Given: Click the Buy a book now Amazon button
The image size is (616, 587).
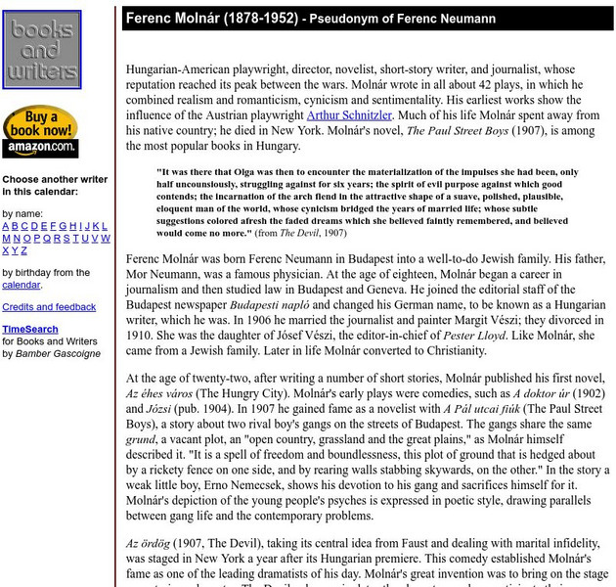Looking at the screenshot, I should [40, 132].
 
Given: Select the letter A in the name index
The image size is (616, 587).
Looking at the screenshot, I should [6, 226].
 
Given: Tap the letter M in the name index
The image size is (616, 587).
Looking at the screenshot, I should [7, 239].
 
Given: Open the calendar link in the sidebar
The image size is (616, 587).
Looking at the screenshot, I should [21, 285].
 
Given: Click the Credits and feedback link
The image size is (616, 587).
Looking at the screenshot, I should [49, 307].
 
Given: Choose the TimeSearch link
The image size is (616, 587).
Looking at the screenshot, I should [29, 330].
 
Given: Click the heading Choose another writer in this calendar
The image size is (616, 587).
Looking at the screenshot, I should [55, 186].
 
